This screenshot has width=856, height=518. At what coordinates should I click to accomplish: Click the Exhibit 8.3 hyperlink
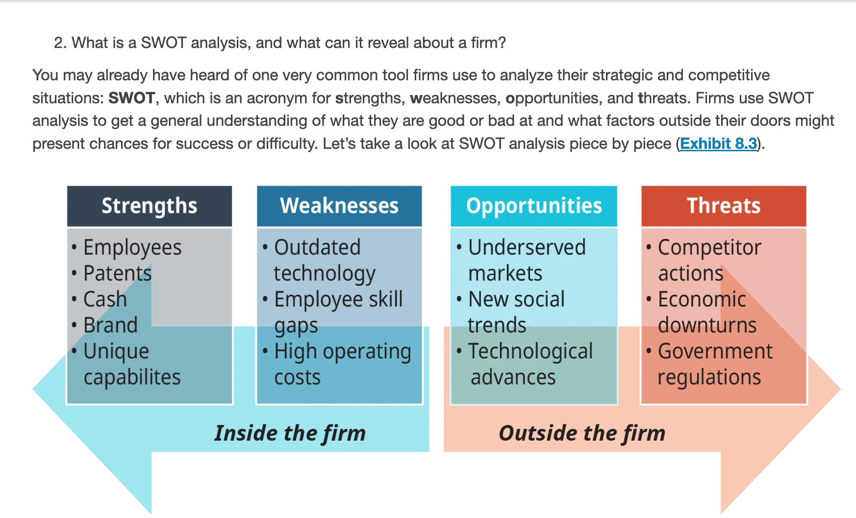(x=718, y=144)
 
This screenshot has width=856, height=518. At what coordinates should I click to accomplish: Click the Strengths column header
(x=150, y=206)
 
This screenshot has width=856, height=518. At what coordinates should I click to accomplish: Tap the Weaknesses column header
(x=339, y=206)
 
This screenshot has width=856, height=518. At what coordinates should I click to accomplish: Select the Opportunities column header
(x=534, y=206)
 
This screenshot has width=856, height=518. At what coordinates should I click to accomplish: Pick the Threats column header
(x=724, y=206)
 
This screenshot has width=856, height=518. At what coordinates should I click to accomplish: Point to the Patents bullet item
(x=118, y=273)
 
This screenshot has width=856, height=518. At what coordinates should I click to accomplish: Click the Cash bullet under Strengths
(x=105, y=299)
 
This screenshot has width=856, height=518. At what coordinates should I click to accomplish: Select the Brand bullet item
(x=110, y=325)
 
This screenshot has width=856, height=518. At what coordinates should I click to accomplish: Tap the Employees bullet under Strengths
(x=132, y=248)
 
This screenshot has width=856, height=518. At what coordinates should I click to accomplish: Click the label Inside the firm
(x=290, y=433)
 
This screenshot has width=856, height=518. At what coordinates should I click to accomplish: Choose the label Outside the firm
(x=582, y=433)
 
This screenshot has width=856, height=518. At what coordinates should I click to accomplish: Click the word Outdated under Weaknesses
(x=317, y=247)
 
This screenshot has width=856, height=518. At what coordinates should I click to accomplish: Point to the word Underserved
(x=527, y=247)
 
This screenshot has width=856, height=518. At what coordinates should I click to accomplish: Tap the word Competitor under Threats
(x=709, y=248)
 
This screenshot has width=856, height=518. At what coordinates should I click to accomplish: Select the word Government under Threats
(x=715, y=351)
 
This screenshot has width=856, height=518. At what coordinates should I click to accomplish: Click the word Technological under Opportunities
(x=530, y=351)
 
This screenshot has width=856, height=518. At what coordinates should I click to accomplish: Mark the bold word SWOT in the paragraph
(x=132, y=98)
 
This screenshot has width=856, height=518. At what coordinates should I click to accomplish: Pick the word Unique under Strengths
(x=116, y=352)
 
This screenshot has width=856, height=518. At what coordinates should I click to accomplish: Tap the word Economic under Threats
(x=702, y=299)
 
